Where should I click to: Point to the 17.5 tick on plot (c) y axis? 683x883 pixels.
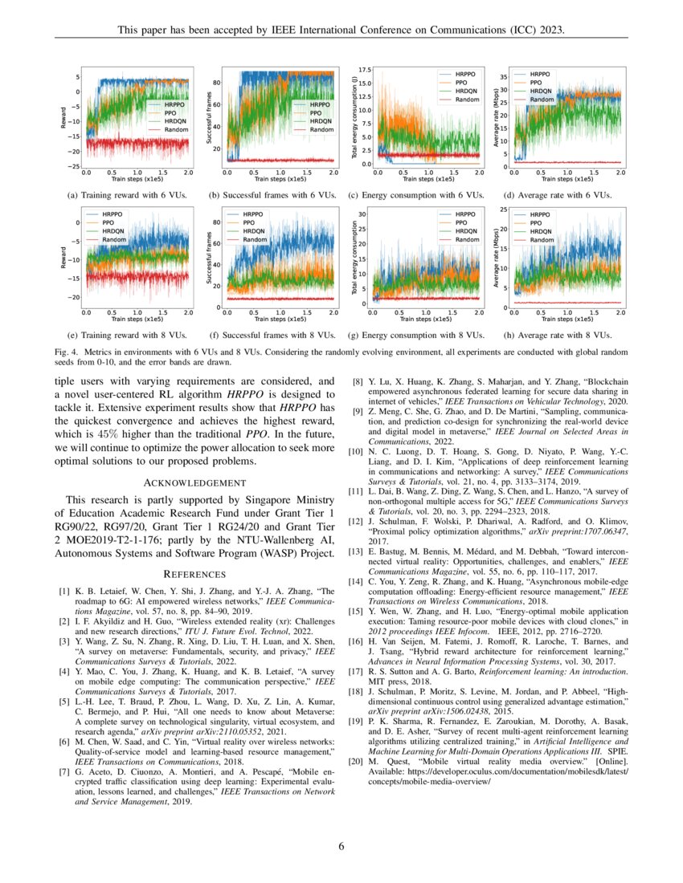(x=364, y=71)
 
